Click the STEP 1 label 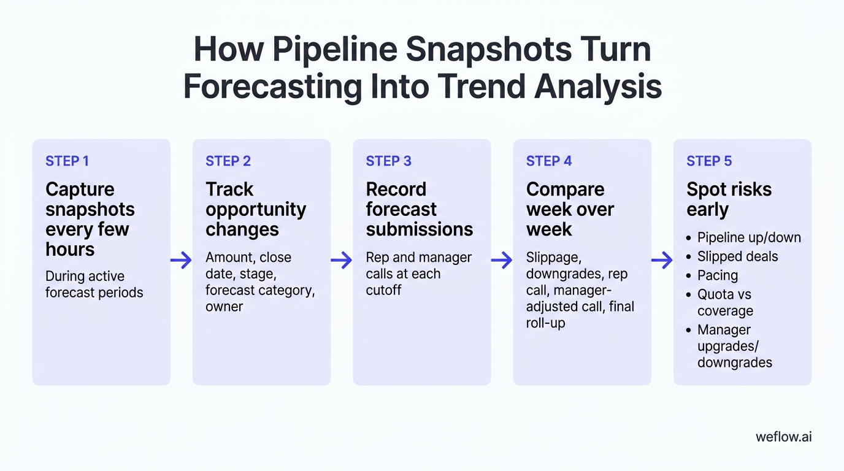point(67,161)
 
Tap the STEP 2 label point(228,161)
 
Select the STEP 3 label point(388,161)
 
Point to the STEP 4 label point(549,161)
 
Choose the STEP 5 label point(709,161)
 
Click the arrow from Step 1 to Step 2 point(182,261)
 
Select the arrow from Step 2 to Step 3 point(342,261)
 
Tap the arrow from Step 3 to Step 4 point(502,261)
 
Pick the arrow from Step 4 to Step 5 point(662,261)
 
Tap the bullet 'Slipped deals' point(737,256)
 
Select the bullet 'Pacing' point(717,275)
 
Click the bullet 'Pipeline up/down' point(749,237)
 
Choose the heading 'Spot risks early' point(729,199)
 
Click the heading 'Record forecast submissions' point(419,209)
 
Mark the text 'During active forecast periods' point(94,285)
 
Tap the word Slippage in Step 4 point(553,258)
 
